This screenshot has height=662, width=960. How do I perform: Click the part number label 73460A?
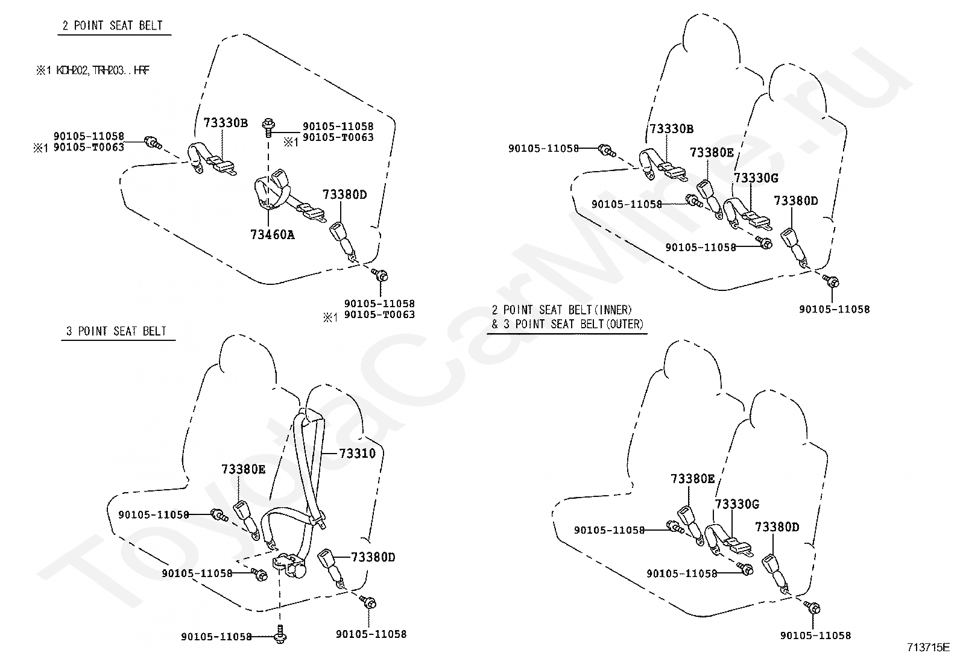[x=272, y=235]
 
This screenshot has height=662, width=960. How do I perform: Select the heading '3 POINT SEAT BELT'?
[x=116, y=331]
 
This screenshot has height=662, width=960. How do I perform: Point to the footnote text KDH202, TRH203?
[x=93, y=70]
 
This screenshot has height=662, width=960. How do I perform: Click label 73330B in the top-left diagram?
[x=226, y=123]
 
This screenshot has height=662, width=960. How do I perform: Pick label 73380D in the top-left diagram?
[x=344, y=195]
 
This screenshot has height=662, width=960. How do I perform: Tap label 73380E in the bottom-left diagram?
[x=243, y=469]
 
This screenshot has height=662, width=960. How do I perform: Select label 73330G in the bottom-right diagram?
[x=737, y=504]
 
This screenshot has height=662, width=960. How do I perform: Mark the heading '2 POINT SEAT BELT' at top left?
[x=113, y=26]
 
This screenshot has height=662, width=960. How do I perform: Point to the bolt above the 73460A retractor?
[x=268, y=126]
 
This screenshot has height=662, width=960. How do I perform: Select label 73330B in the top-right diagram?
[x=671, y=129]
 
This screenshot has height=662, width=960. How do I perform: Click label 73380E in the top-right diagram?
[x=712, y=152]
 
